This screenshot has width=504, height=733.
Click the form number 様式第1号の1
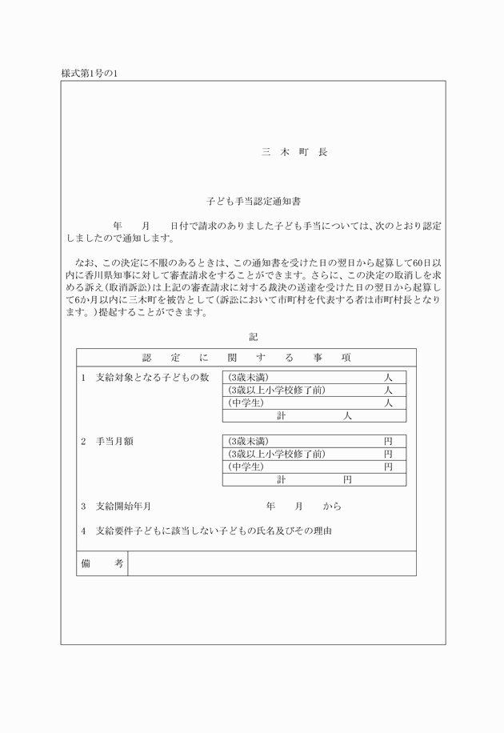tap(90, 74)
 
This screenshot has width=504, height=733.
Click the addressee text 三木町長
tap(294, 151)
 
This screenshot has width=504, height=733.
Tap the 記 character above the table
tap(253, 337)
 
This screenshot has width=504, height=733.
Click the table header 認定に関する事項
tap(246, 357)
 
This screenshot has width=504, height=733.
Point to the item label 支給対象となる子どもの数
tap(152, 377)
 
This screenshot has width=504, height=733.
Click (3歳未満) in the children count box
tap(248, 377)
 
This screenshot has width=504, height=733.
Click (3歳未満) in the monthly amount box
tap(248, 441)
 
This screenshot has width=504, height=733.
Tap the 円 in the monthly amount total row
tap(347, 480)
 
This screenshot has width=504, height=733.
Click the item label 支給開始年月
tap(123, 507)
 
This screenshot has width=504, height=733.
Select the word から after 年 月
tap(332, 507)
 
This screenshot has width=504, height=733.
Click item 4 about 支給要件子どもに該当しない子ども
tap(213, 531)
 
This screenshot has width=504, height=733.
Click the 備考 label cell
tap(102, 563)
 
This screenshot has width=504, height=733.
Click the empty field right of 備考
tap(272, 563)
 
